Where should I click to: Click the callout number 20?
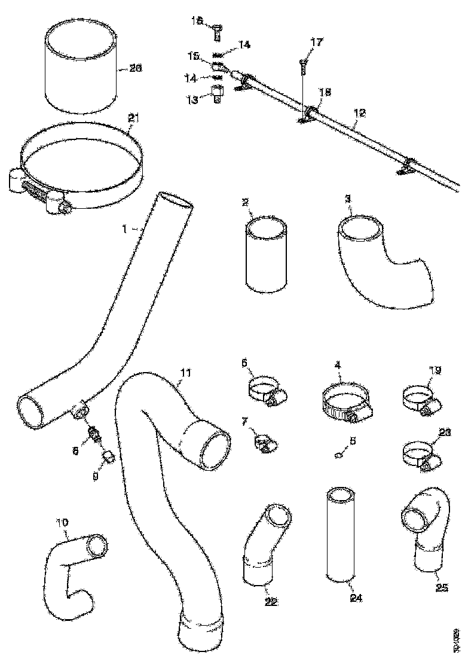[136, 69]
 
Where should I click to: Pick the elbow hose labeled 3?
[377, 263]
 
